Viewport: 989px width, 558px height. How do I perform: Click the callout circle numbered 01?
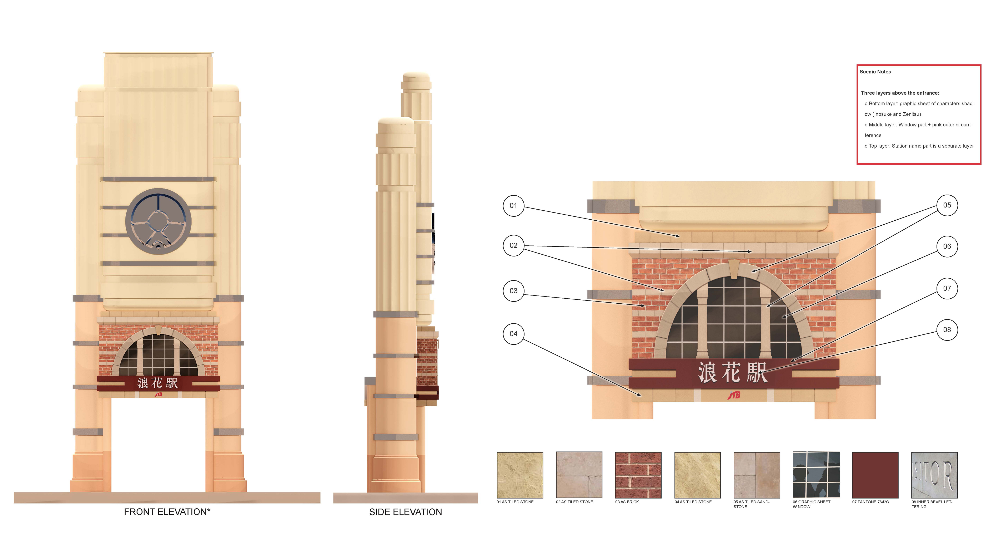tap(513, 206)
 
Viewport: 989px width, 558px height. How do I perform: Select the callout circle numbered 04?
tap(513, 334)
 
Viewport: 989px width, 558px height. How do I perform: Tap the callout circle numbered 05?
tap(947, 205)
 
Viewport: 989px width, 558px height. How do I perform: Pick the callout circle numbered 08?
tap(947, 330)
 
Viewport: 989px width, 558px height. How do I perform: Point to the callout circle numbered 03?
tap(513, 290)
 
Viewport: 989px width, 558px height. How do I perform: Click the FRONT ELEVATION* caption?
tap(167, 512)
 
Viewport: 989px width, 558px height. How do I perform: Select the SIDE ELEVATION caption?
tap(405, 512)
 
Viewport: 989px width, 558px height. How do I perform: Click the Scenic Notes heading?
tap(875, 72)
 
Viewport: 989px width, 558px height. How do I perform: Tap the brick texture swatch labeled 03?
tap(638, 475)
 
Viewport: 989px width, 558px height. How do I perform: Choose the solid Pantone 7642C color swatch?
tap(875, 475)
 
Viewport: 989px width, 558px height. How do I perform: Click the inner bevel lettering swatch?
tap(934, 475)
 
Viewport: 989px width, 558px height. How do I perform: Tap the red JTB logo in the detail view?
tap(734, 395)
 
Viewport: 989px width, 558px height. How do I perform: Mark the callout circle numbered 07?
tap(947, 288)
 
